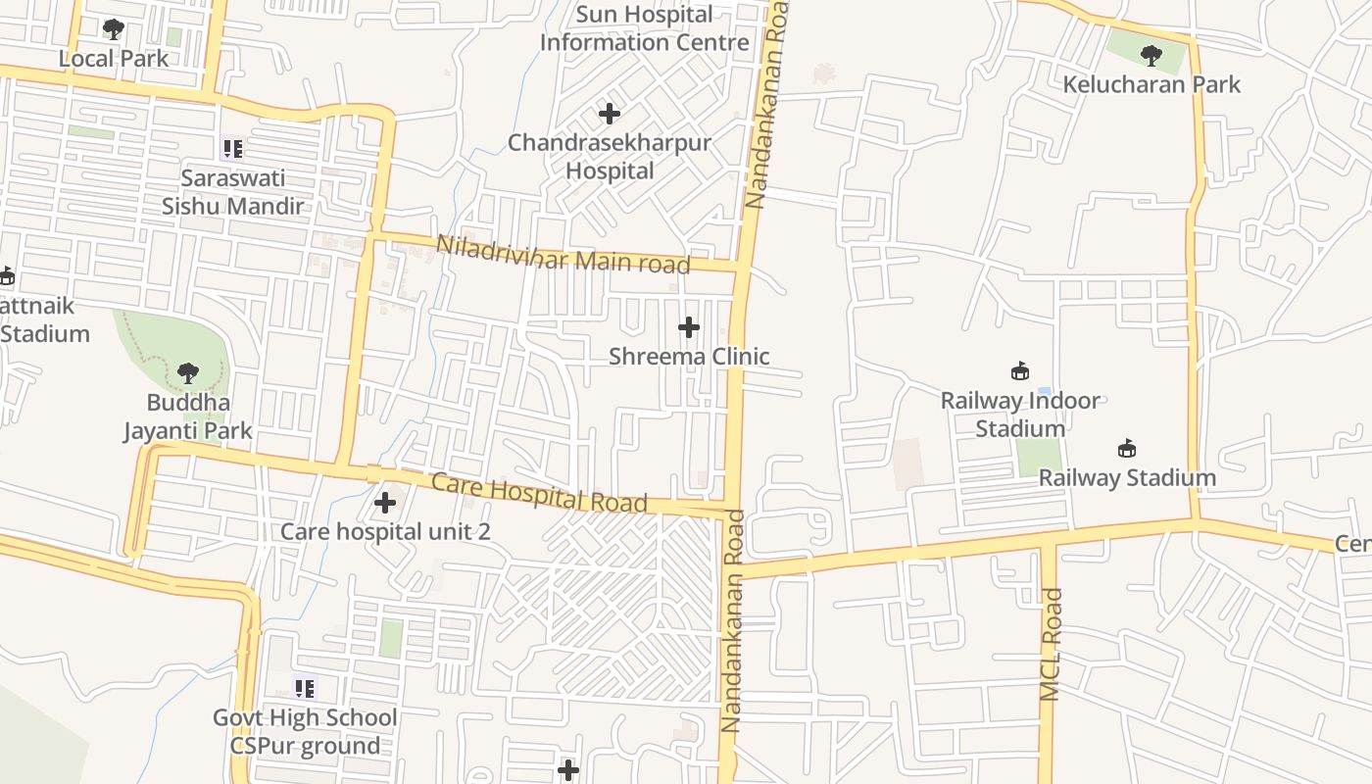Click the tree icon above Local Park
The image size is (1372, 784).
[x=114, y=29]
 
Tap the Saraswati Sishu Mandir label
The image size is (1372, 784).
[x=232, y=192]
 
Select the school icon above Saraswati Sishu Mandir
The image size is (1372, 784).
[x=232, y=149]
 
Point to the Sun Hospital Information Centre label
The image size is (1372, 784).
[x=644, y=28]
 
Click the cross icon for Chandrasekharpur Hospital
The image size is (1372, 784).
[x=610, y=114]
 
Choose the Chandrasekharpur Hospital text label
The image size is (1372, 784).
[x=609, y=157]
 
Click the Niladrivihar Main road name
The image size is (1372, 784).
[x=563, y=255]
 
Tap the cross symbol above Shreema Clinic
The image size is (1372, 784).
[x=689, y=326]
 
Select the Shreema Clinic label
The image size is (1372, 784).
[x=689, y=356]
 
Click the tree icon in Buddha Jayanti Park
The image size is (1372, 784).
[x=187, y=373]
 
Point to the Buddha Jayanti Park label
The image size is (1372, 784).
[x=188, y=416]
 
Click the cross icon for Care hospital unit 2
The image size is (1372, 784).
[x=385, y=503]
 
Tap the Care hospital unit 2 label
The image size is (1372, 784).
[x=385, y=531]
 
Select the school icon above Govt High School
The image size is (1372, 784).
[x=305, y=688]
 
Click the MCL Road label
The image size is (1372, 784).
[x=1050, y=644]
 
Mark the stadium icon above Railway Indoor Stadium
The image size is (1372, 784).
[x=1020, y=370]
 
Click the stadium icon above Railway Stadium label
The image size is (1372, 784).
[x=1127, y=449]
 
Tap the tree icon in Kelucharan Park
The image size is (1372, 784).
[x=1151, y=56]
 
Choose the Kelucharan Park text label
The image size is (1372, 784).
[x=1151, y=84]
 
